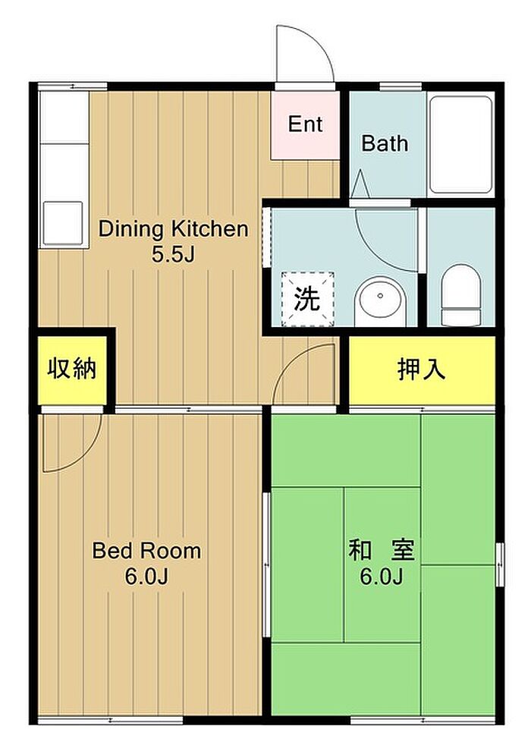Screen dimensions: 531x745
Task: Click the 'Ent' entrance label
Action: coord(306,124)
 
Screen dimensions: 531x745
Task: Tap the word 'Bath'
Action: coord(385,143)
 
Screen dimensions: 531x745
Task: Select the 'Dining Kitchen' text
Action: coord(174,229)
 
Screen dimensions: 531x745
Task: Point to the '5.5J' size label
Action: coord(174,255)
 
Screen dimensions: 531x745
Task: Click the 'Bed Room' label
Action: coord(146,551)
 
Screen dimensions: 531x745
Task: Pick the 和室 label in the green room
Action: coord(382,550)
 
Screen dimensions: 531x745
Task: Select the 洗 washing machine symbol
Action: coord(307,300)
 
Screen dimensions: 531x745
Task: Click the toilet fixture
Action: coord(460,296)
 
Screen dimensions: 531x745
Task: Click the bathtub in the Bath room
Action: coord(460,144)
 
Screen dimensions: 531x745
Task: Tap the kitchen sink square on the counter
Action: coord(63,224)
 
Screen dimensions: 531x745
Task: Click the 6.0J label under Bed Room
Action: coord(146,577)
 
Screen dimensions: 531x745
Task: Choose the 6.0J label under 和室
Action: coord(382,577)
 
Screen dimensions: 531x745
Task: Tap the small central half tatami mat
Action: coord(382,564)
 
